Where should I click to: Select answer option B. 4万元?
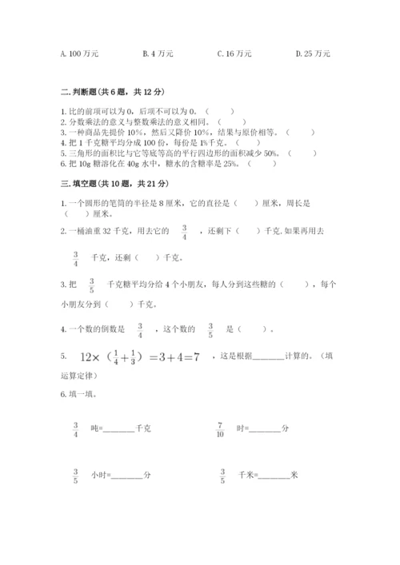click(x=158, y=54)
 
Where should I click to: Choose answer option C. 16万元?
click(x=234, y=54)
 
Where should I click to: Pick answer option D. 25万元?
click(x=313, y=54)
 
